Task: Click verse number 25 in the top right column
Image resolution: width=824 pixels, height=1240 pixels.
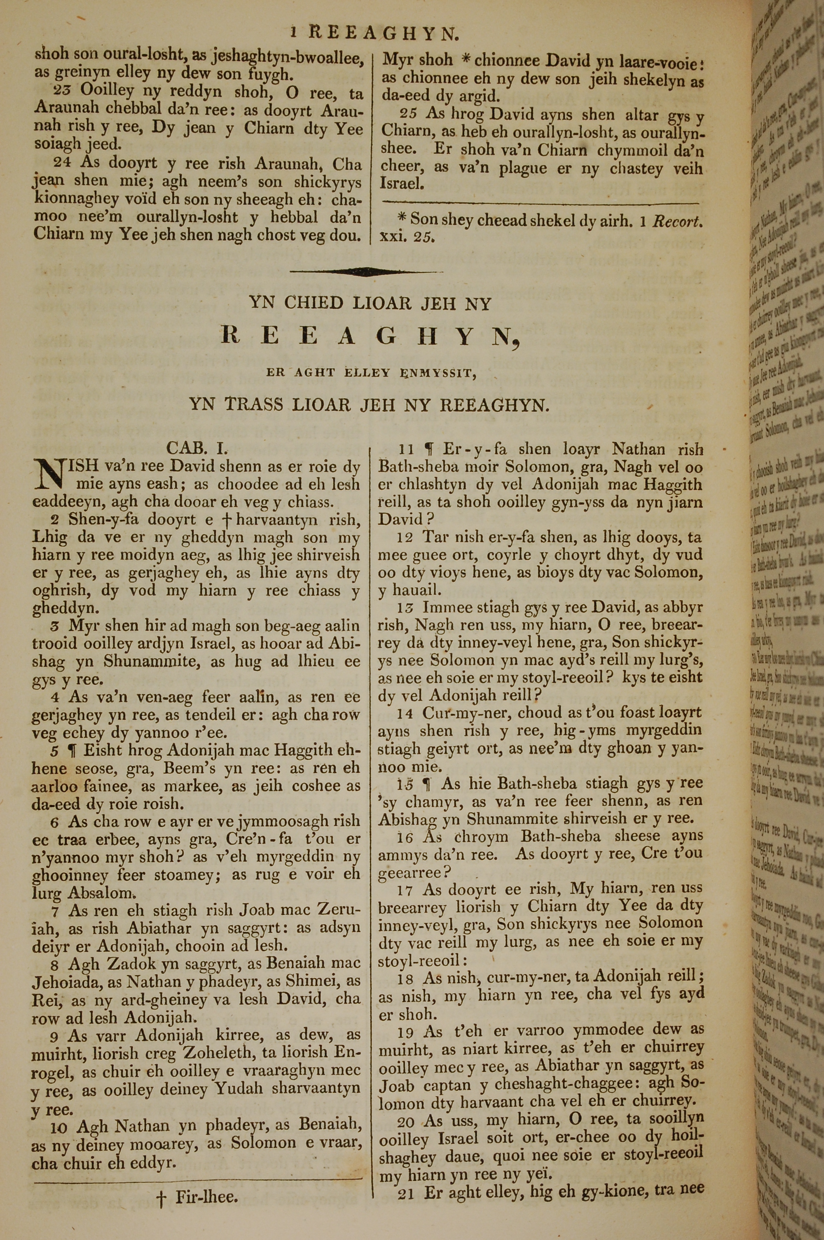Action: tap(408, 113)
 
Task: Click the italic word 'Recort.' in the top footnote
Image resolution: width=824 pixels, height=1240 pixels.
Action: tap(677, 221)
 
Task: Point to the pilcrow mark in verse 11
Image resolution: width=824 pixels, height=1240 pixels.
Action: tap(429, 449)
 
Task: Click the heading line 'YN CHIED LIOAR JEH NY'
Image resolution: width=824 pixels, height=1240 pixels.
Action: tap(370, 303)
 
